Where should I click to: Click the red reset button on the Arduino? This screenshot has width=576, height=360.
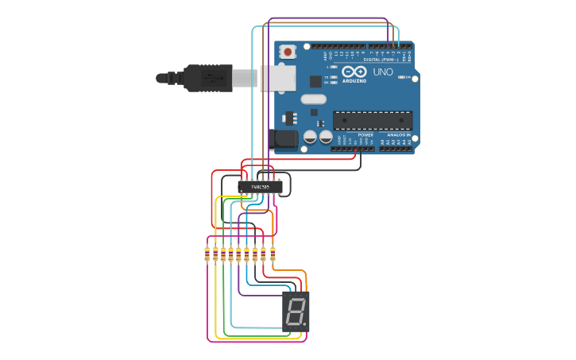pos(288,52)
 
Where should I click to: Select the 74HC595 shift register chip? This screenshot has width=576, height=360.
pos(260,188)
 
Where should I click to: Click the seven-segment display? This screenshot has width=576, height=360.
pos(296,311)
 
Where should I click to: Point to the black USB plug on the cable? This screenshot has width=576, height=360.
pos(208,78)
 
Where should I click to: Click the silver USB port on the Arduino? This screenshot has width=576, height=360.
pos(277,78)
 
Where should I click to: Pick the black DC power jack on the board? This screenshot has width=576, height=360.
pos(284,141)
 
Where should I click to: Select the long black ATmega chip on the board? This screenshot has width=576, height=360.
pos(373,120)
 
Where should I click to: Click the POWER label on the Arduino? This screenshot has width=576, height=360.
pos(365,135)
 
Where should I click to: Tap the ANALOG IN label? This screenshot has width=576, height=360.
pos(398,135)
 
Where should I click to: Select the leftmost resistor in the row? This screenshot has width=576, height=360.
pos(207,254)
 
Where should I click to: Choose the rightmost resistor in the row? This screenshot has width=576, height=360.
pos(273,254)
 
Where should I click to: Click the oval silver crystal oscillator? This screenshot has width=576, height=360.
pos(313,99)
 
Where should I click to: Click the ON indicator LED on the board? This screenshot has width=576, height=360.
pos(403,78)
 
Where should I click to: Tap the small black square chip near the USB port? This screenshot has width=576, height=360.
pos(315,81)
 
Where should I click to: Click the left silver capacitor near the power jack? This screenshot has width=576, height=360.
pos(310,137)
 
